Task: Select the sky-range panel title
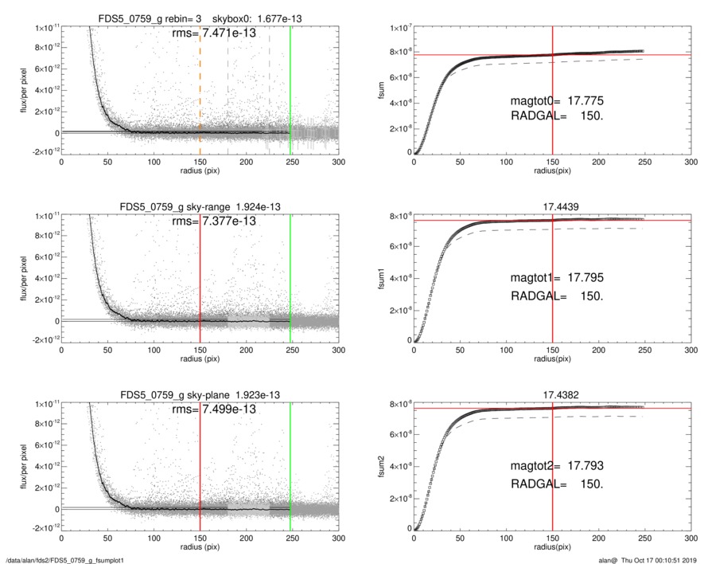click(200, 206)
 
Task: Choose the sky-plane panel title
click(200, 394)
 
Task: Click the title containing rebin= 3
click(200, 18)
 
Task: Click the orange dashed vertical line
click(200, 88)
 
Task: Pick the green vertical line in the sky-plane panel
click(290, 462)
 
